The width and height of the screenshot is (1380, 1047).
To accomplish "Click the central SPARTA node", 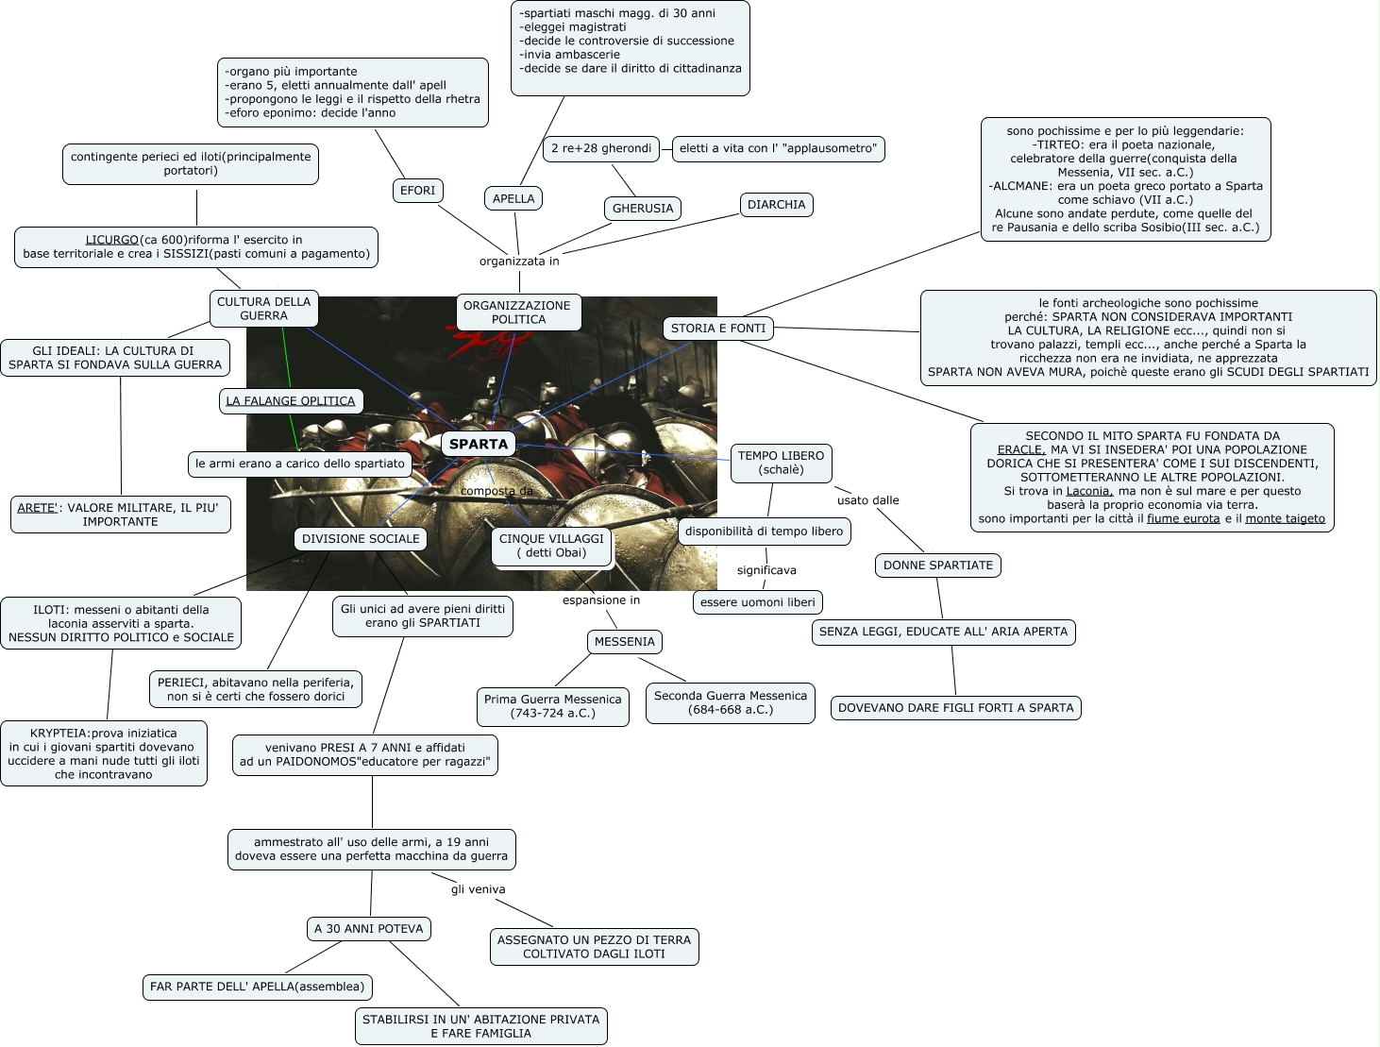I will click(x=479, y=444).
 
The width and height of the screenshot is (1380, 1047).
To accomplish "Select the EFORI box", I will click(x=417, y=191).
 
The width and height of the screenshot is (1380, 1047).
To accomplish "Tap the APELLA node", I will click(x=513, y=198).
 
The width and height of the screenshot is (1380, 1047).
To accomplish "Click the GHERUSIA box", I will click(x=643, y=209).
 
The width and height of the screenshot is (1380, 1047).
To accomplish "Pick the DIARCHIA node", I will click(x=776, y=205).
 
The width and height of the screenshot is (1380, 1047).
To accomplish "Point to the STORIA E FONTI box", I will click(x=718, y=329).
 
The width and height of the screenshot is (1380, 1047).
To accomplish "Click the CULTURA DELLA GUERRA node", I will click(x=263, y=309).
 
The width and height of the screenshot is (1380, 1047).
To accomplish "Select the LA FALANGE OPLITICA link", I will click(x=291, y=401).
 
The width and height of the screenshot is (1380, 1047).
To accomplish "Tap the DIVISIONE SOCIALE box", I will click(x=361, y=539).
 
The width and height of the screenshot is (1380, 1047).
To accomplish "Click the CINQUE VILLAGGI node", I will click(x=551, y=546).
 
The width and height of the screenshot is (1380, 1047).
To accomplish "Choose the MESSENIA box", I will click(x=624, y=642).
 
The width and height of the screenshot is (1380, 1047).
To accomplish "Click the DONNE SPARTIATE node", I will click(x=938, y=566).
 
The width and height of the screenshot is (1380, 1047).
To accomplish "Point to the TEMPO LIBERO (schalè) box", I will click(x=781, y=463).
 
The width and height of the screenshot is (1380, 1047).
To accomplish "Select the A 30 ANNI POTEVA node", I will click(x=369, y=929).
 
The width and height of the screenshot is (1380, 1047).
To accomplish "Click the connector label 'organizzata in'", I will click(x=519, y=262).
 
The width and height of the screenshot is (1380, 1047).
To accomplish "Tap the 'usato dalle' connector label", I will click(x=867, y=500).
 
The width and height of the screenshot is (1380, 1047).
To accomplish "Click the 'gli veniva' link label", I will click(x=478, y=889).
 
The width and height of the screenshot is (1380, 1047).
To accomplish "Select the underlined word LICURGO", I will click(x=112, y=240).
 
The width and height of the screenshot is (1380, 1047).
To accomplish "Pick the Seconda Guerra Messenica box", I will click(x=731, y=702).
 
